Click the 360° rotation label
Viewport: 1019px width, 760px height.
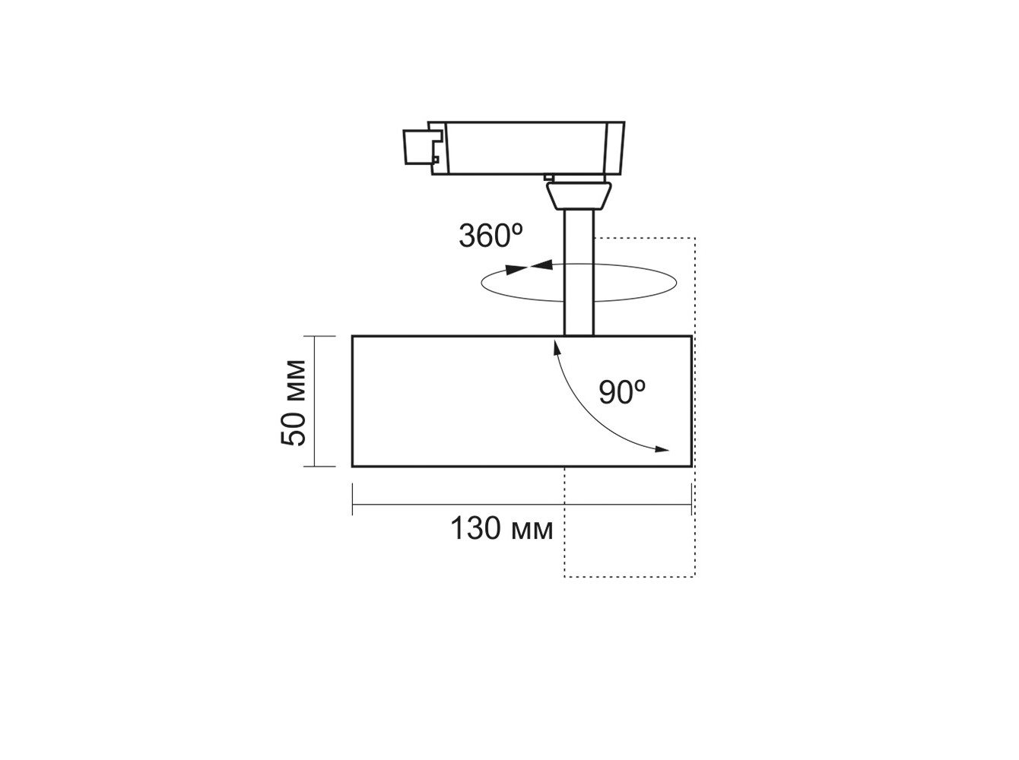490,236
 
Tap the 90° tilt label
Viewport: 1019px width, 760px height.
621,391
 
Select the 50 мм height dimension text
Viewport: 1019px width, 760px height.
293,402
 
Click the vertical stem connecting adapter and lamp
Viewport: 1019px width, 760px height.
579,273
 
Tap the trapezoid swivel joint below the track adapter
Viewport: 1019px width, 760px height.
579,195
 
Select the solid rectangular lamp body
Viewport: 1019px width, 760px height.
522,401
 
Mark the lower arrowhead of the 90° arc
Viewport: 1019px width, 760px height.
662,448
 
